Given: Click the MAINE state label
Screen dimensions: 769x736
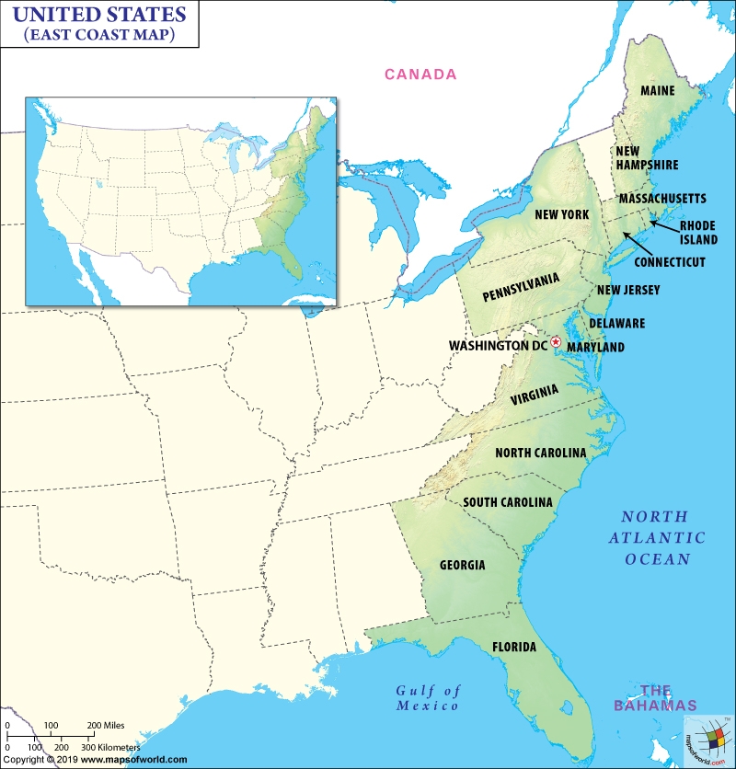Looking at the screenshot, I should pyautogui.click(x=658, y=91).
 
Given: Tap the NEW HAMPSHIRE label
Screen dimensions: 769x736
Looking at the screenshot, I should pyautogui.click(x=647, y=157).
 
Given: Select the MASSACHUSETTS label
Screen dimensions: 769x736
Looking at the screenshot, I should pyautogui.click(x=662, y=199).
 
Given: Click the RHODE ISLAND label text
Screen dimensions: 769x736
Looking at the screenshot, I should pyautogui.click(x=698, y=232).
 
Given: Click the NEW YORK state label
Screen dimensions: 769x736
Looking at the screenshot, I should pyautogui.click(x=561, y=214).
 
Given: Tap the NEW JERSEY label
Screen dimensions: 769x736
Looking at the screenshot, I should pyautogui.click(x=628, y=290).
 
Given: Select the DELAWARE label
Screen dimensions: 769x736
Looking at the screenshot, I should pyautogui.click(x=616, y=324).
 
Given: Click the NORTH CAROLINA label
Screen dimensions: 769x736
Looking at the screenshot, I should pyautogui.click(x=540, y=453).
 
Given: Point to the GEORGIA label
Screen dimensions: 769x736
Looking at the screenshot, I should pyautogui.click(x=463, y=565).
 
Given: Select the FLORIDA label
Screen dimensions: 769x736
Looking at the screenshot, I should pyautogui.click(x=514, y=647).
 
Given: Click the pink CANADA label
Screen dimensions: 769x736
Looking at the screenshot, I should pyautogui.click(x=420, y=75).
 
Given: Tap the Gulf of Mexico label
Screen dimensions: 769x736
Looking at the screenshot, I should pyautogui.click(x=428, y=698).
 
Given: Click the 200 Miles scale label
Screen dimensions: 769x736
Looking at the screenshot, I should pyautogui.click(x=107, y=726).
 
